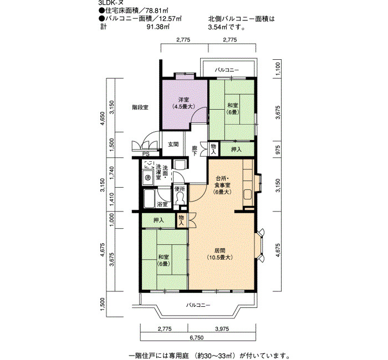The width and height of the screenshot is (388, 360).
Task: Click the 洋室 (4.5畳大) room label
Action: (183, 103)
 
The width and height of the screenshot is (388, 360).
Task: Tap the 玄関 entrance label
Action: (173, 144)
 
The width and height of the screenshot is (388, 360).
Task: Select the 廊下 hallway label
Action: (195, 151)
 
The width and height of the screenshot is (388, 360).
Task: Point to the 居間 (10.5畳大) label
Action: (219, 254)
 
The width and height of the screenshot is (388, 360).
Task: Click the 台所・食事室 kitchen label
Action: (223, 185)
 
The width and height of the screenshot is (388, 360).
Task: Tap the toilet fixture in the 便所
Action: (180, 198)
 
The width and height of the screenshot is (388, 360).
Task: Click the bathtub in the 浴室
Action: (150, 199)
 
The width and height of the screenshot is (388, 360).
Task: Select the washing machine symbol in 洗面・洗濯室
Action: (148, 177)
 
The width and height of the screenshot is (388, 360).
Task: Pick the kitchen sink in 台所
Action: (248, 194)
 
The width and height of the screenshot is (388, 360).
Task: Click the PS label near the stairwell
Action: (146, 155)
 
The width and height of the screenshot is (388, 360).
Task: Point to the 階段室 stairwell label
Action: (140, 107)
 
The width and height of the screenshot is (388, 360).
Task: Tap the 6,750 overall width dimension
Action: (197, 337)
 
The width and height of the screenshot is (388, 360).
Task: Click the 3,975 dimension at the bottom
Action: (222, 329)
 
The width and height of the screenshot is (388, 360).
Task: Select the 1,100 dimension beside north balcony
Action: (278, 69)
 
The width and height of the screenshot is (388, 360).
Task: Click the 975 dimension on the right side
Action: (278, 150)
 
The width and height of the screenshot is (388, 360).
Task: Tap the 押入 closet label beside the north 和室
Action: (236, 150)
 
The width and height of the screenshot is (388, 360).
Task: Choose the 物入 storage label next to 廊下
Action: (213, 150)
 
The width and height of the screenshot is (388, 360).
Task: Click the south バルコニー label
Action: (198, 305)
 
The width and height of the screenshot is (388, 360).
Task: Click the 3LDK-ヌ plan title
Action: (111, 3)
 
